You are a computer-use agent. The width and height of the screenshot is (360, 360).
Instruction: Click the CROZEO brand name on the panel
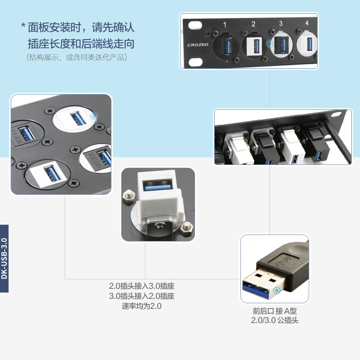pos(196,45)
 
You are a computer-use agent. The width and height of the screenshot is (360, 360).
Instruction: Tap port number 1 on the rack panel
pos(225,24)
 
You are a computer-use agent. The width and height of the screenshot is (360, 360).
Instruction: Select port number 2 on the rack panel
pos(253,24)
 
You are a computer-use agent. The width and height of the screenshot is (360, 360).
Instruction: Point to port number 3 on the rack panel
pos(281,23)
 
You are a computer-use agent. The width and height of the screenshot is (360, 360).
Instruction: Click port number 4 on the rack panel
pos(307,23)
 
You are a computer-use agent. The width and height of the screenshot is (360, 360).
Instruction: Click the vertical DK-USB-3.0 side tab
pos(4,258)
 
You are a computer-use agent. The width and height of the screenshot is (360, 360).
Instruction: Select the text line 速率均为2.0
pos(142,306)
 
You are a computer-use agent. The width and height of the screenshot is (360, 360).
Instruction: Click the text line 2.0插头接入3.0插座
pos(142,286)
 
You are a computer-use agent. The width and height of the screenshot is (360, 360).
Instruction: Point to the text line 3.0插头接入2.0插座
pos(142,296)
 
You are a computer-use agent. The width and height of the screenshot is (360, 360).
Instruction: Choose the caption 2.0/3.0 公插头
pos(275,320)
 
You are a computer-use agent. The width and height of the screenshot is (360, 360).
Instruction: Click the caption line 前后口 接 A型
pos(275,311)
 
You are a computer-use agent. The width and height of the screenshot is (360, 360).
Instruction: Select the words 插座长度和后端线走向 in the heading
pos(81,44)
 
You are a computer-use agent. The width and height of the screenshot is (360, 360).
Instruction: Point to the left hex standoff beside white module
pos(127,195)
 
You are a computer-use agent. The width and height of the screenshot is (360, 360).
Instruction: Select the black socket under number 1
pos(225,46)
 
